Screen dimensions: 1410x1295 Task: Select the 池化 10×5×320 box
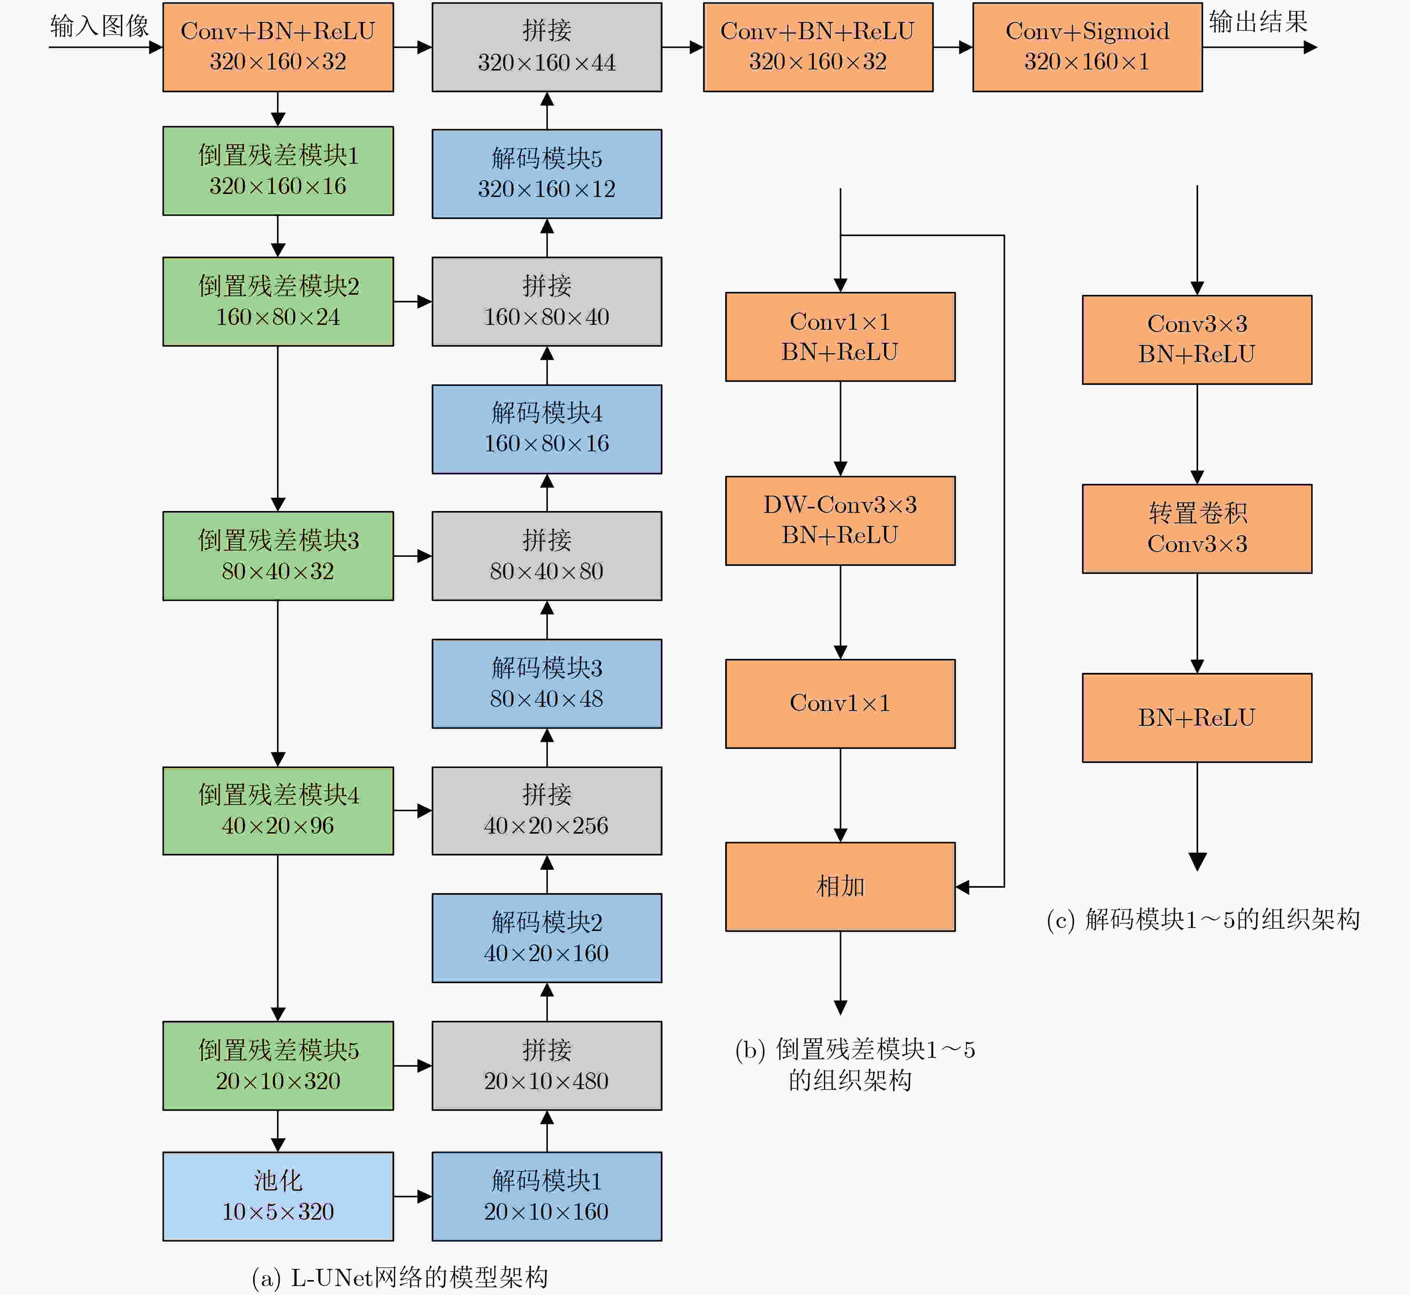coord(278,1196)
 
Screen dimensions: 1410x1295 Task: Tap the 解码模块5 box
coord(546,174)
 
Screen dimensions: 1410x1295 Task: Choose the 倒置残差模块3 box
coord(278,556)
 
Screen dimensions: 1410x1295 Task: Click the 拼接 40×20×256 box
coord(546,811)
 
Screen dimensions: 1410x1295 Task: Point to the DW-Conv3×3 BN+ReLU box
coord(840,521)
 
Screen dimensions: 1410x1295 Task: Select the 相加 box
coord(840,887)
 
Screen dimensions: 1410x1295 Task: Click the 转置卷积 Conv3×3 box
coord(1197,529)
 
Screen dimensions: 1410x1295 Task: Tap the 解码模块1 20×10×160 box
coord(546,1196)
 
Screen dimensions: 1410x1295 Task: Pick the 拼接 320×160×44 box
coord(546,47)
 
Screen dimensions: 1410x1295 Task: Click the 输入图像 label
coord(100,26)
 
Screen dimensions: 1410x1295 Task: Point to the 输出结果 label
coord(1259,22)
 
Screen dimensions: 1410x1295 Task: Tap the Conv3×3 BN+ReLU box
coord(1197,339)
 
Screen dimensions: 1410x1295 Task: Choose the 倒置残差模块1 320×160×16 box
coord(278,170)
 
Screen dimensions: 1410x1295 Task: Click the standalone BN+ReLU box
coord(1197,718)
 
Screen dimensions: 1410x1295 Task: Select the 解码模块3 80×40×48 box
coord(546,683)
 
